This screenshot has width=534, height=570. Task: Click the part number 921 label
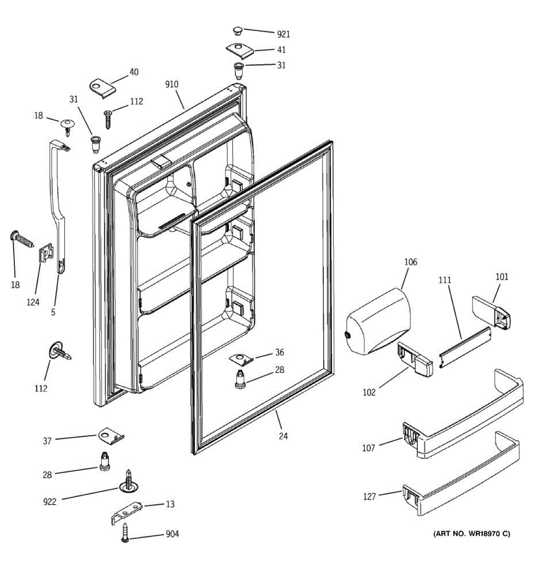pyautogui.click(x=283, y=34)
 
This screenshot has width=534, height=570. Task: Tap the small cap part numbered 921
pyautogui.click(x=238, y=31)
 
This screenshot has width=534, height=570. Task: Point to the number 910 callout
pyautogui.click(x=171, y=85)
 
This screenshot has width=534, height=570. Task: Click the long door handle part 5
pyautogui.click(x=59, y=204)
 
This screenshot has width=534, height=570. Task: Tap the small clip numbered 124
pyautogui.click(x=46, y=252)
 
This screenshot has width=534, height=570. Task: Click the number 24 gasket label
pyautogui.click(x=283, y=436)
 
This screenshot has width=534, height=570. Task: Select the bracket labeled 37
pyautogui.click(x=111, y=436)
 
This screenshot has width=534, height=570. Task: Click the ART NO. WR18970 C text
pyautogui.click(x=472, y=534)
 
